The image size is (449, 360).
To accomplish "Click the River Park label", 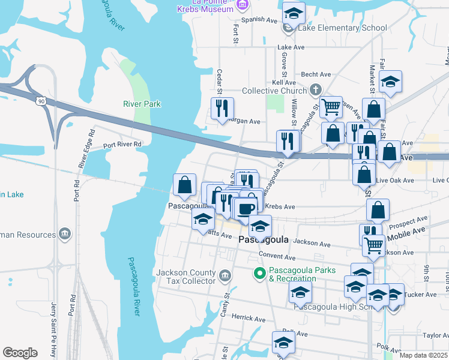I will point(142,104).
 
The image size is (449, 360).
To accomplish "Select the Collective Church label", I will point(274,91).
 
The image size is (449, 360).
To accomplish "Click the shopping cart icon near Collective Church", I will point(331,107).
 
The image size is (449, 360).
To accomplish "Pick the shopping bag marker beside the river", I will point(184,185).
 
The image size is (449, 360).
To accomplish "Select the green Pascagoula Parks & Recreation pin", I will point(259,274).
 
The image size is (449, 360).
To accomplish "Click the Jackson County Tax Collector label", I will point(185,277).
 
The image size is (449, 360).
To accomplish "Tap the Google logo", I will point(20,353).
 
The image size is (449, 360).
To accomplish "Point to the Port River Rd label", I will point(122,145).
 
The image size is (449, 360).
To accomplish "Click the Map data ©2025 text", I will point(423,355).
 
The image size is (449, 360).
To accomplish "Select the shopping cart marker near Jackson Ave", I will point(374,244).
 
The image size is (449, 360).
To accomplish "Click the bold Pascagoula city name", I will point(264,239).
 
